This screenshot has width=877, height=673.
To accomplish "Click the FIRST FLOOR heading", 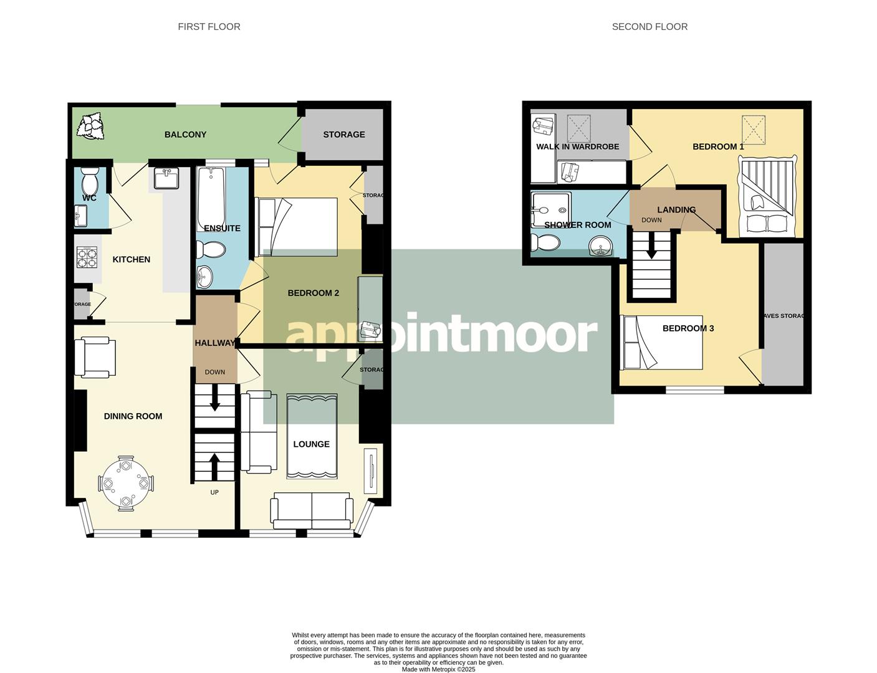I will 209,27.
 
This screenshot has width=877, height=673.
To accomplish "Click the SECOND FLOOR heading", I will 649,27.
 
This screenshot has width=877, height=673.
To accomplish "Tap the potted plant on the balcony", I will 90,126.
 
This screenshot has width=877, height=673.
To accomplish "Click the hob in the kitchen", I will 87,257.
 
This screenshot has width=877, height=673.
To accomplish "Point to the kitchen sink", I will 166,178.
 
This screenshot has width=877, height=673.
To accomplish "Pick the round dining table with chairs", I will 126,483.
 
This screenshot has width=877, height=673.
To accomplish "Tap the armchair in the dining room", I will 94,357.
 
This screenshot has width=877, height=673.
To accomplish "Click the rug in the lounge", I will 312,436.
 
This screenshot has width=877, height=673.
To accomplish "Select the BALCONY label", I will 185,135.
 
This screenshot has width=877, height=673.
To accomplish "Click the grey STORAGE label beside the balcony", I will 344,135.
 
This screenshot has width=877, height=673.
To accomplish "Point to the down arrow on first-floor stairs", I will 214,399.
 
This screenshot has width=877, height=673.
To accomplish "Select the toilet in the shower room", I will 545,242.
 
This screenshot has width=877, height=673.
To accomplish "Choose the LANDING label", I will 676,210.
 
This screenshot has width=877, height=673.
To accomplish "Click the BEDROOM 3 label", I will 688,328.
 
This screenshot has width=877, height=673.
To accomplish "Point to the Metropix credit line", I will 438,669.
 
